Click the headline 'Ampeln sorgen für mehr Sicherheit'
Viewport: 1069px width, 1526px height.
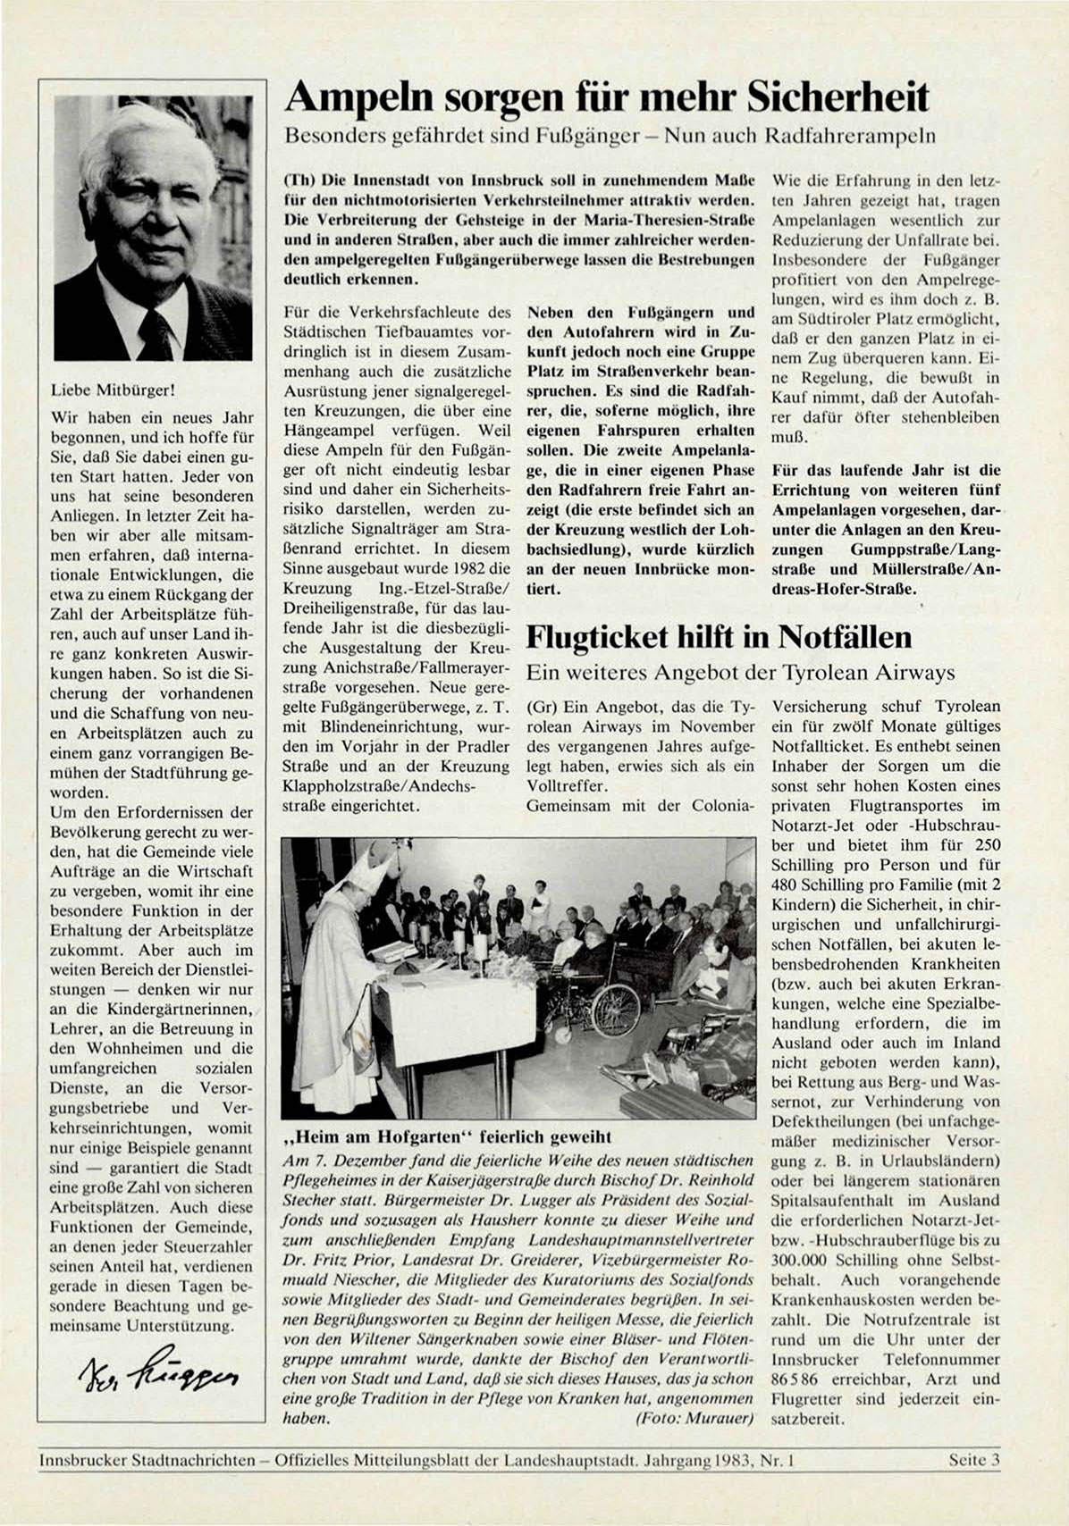pyautogui.click(x=606, y=96)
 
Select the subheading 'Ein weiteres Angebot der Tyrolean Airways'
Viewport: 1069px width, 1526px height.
pyautogui.click(x=741, y=673)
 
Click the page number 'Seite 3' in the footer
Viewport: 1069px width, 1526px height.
pyautogui.click(x=974, y=1460)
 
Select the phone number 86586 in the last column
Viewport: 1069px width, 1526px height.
pyautogui.click(x=790, y=1379)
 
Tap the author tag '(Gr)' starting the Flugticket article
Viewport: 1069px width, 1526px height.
pyautogui.click(x=542, y=706)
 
